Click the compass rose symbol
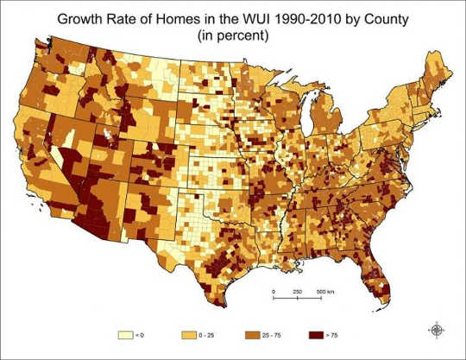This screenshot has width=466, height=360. pyautogui.click(x=438, y=329)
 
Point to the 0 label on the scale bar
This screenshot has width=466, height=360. pyautogui.click(x=273, y=291)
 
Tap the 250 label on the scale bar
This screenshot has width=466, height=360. pyautogui.click(x=298, y=291)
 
